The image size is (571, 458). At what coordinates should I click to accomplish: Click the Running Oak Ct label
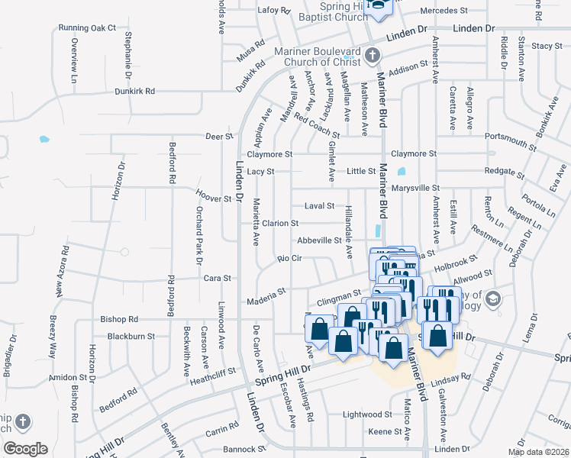pos(87,27)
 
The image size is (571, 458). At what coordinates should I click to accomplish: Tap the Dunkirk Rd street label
pos(134,91)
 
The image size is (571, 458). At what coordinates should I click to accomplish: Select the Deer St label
pos(219,136)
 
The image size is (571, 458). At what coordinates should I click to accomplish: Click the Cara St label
pos(212,279)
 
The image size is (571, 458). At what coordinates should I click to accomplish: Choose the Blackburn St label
pos(131,336)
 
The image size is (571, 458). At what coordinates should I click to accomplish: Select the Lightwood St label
pos(367,414)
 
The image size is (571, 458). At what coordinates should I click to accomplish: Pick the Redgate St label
pos(502,172)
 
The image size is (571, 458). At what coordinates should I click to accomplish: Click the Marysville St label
pos(415,188)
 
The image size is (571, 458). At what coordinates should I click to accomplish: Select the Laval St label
pos(320,206)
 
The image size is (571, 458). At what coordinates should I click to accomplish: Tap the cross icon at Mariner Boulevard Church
pos(372,55)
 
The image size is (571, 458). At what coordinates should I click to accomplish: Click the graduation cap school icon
pos(492,298)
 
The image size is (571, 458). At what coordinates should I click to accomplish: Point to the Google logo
pos(25,449)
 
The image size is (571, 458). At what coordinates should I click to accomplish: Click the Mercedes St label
pos(444,11)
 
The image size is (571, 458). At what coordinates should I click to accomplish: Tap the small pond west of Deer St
pos(44,140)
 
